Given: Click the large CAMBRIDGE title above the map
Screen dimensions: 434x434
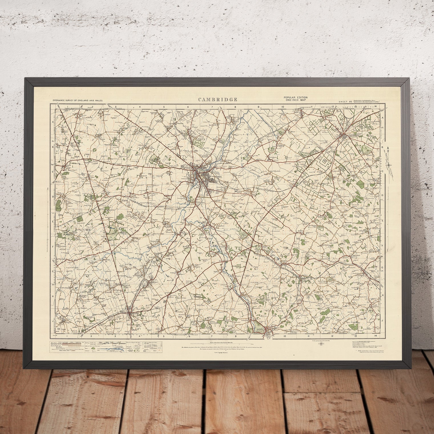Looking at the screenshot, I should pyautogui.click(x=217, y=100).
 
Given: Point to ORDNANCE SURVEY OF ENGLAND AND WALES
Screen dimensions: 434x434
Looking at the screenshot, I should pyautogui.click(x=77, y=101).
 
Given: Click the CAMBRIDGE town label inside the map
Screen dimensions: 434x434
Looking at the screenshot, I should pyautogui.click(x=216, y=177).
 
